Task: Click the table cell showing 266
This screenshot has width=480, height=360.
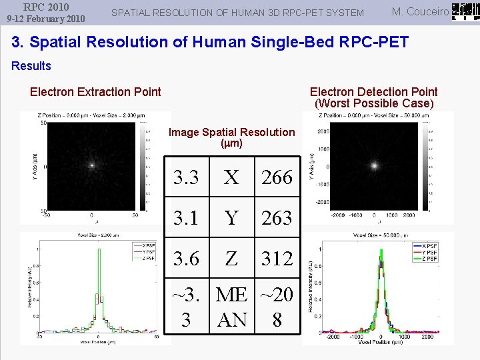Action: click(x=277, y=177)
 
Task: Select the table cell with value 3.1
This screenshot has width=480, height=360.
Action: click(x=186, y=217)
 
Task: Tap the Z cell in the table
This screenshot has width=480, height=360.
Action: click(x=231, y=258)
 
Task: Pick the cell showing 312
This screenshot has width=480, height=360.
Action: click(x=277, y=258)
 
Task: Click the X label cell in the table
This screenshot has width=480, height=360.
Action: click(x=231, y=177)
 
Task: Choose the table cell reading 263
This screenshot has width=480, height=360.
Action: click(x=277, y=217)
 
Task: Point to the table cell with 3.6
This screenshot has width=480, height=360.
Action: click(x=186, y=258)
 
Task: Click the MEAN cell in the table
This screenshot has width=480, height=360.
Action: click(x=231, y=307)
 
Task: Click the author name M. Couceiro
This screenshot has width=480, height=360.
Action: click(x=419, y=11)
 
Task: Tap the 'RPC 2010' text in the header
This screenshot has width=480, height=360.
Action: click(x=46, y=7)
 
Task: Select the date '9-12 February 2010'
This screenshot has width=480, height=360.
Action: click(x=46, y=19)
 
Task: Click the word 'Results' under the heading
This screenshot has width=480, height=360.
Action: click(x=31, y=65)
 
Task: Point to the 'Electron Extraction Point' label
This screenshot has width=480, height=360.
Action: click(x=95, y=92)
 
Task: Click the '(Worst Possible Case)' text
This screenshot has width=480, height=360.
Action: click(x=374, y=103)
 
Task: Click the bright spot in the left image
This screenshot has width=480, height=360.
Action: click(x=92, y=165)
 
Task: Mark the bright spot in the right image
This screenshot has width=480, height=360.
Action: click(x=375, y=165)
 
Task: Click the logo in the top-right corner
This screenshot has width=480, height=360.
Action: click(x=465, y=11)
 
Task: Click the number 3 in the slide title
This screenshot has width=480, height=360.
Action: click(x=17, y=42)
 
